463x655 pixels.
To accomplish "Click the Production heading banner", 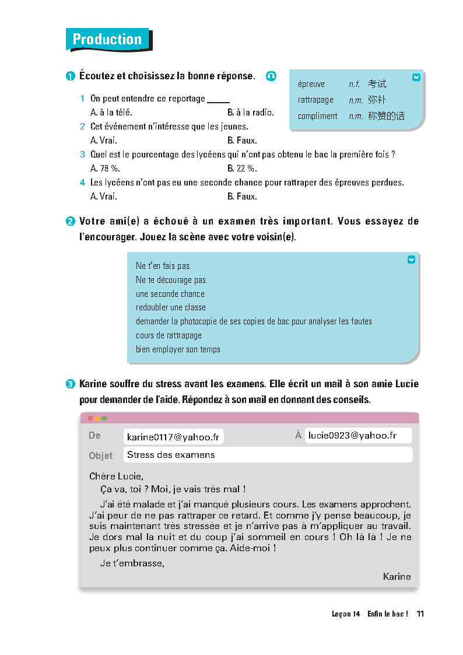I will click(x=108, y=40).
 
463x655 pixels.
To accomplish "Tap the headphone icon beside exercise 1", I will click(x=271, y=76).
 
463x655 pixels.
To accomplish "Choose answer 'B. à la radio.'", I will click(x=250, y=113).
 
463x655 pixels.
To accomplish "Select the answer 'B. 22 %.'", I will click(x=241, y=169).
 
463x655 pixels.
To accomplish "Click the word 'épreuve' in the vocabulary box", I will click(x=311, y=84).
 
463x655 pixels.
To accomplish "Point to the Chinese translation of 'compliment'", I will click(x=386, y=116).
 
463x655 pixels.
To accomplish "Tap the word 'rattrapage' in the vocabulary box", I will click(x=315, y=100).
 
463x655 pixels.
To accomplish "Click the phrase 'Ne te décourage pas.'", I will click(x=171, y=280).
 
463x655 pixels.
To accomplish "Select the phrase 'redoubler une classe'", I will click(x=171, y=307).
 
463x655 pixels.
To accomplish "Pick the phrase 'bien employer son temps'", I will click(x=178, y=349).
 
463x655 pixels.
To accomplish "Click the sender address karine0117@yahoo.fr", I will click(x=174, y=437).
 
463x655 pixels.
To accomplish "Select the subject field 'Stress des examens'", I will click(x=171, y=455).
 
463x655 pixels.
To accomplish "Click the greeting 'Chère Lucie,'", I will click(x=116, y=477).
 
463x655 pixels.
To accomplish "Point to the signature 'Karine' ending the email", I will click(x=397, y=577).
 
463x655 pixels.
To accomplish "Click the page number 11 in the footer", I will click(x=420, y=614).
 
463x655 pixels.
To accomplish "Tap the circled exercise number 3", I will click(x=70, y=384).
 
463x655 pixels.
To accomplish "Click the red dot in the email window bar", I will click(x=90, y=418).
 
